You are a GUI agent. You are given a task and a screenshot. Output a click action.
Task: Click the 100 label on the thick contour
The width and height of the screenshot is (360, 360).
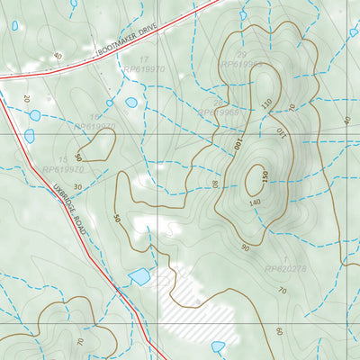click(x=238, y=144)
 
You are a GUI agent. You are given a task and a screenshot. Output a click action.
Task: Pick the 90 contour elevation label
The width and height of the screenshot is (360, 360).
click(x=246, y=247)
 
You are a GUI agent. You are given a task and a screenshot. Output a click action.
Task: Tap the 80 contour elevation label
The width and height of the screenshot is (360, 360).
click(x=213, y=184)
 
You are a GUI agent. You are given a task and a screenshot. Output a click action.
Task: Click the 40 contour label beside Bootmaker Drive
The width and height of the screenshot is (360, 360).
click(x=57, y=56)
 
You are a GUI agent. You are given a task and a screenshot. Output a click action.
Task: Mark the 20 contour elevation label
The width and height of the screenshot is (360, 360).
click(x=26, y=98)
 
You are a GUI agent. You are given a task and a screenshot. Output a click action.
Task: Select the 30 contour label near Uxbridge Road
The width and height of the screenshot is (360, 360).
click(x=77, y=187)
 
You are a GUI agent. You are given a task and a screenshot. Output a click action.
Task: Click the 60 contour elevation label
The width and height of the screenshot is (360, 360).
click(x=280, y=332)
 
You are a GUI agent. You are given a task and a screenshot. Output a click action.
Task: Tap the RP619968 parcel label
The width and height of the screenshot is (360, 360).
click(x=219, y=113)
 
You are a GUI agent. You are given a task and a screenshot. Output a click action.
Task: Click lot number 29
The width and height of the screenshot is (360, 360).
click(x=240, y=55)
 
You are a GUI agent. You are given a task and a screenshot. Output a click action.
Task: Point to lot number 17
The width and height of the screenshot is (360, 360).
click(x=143, y=59)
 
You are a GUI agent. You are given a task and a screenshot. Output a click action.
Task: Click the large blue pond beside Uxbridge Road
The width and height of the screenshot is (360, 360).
click(x=139, y=276)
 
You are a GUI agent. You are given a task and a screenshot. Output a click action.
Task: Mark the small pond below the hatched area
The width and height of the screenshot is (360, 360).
click(x=218, y=346)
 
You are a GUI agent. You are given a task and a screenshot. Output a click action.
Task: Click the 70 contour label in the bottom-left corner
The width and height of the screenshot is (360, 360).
click(x=80, y=342)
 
